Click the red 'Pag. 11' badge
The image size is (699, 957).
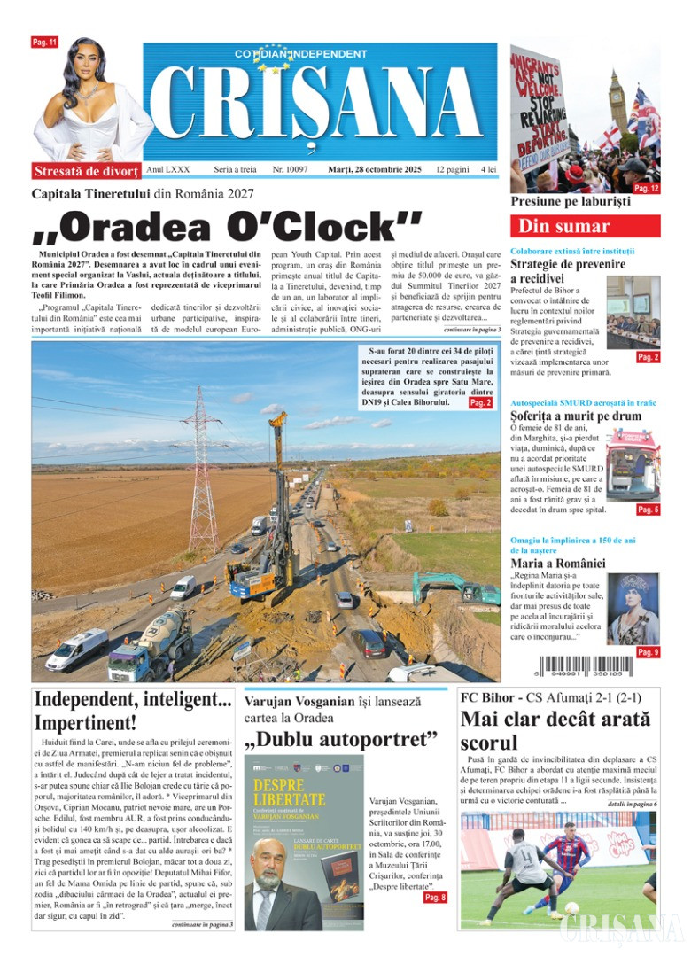pos(44,43)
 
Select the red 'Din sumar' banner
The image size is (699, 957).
pos(585,226)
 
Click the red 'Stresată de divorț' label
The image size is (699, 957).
pos(86,171)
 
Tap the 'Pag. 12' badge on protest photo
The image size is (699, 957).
pos(646,189)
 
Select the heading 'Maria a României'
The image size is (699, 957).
pos(558,563)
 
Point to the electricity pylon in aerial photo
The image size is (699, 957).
pos(203,478)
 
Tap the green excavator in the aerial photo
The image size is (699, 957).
pos(452,589)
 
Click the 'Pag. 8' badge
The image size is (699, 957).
pos(435,898)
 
